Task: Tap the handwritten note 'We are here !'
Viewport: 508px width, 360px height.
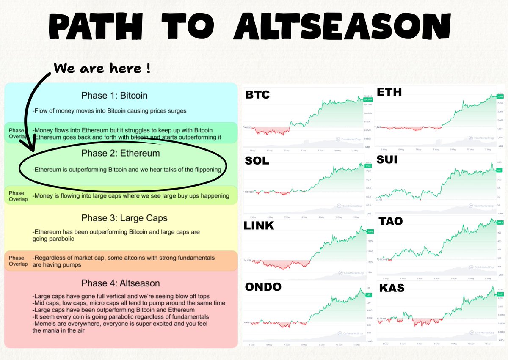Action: click(x=102, y=68)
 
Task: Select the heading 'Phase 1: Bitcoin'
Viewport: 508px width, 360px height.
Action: click(x=114, y=96)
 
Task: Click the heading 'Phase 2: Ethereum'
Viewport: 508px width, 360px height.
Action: click(x=120, y=153)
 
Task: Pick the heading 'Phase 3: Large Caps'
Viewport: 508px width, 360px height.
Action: click(x=124, y=218)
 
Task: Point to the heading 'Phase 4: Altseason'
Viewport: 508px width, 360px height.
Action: click(x=120, y=283)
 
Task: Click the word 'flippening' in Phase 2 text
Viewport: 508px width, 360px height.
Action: click(x=205, y=170)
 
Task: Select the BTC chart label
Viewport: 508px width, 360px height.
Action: click(x=257, y=95)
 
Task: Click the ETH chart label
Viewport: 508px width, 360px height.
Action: click(x=389, y=92)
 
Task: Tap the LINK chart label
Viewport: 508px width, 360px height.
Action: click(x=259, y=226)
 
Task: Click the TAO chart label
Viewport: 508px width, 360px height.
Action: click(x=390, y=222)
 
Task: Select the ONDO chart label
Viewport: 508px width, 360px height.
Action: click(x=263, y=287)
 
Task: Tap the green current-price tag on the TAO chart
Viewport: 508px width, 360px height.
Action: click(x=500, y=222)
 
